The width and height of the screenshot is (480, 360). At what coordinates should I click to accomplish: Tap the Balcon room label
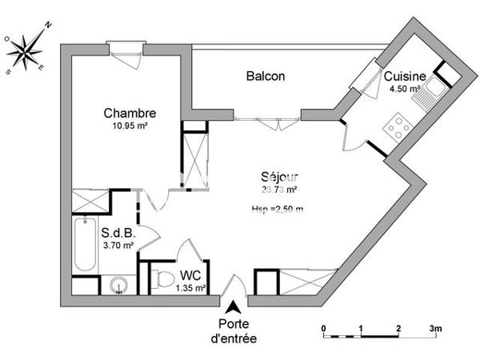pos(266,76)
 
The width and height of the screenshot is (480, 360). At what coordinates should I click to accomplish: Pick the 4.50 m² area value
pos(404,89)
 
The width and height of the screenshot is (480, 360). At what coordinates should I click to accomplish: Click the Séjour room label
pos(279,177)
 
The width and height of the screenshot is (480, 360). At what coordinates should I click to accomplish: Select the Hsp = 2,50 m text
pos(278,209)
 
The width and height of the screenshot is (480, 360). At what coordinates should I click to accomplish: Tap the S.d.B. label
pos(117,234)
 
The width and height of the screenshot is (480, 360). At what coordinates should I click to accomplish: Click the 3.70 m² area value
pos(117,246)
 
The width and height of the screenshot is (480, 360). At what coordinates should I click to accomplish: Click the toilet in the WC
pos(162,278)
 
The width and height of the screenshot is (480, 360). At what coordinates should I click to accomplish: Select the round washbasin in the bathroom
pos(118,283)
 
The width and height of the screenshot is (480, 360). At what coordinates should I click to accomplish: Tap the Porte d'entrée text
pos(234,331)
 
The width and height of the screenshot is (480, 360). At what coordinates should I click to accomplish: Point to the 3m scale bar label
pos(435,329)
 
